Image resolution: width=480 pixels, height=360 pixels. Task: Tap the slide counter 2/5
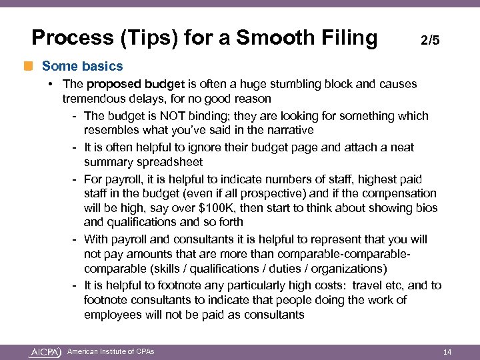430,41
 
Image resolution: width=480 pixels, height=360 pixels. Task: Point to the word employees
114,315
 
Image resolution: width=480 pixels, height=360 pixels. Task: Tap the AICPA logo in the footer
45,351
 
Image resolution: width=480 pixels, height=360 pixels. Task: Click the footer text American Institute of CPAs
111,351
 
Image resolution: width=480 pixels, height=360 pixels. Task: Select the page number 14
447,351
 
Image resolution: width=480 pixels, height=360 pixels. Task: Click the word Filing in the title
346,37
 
